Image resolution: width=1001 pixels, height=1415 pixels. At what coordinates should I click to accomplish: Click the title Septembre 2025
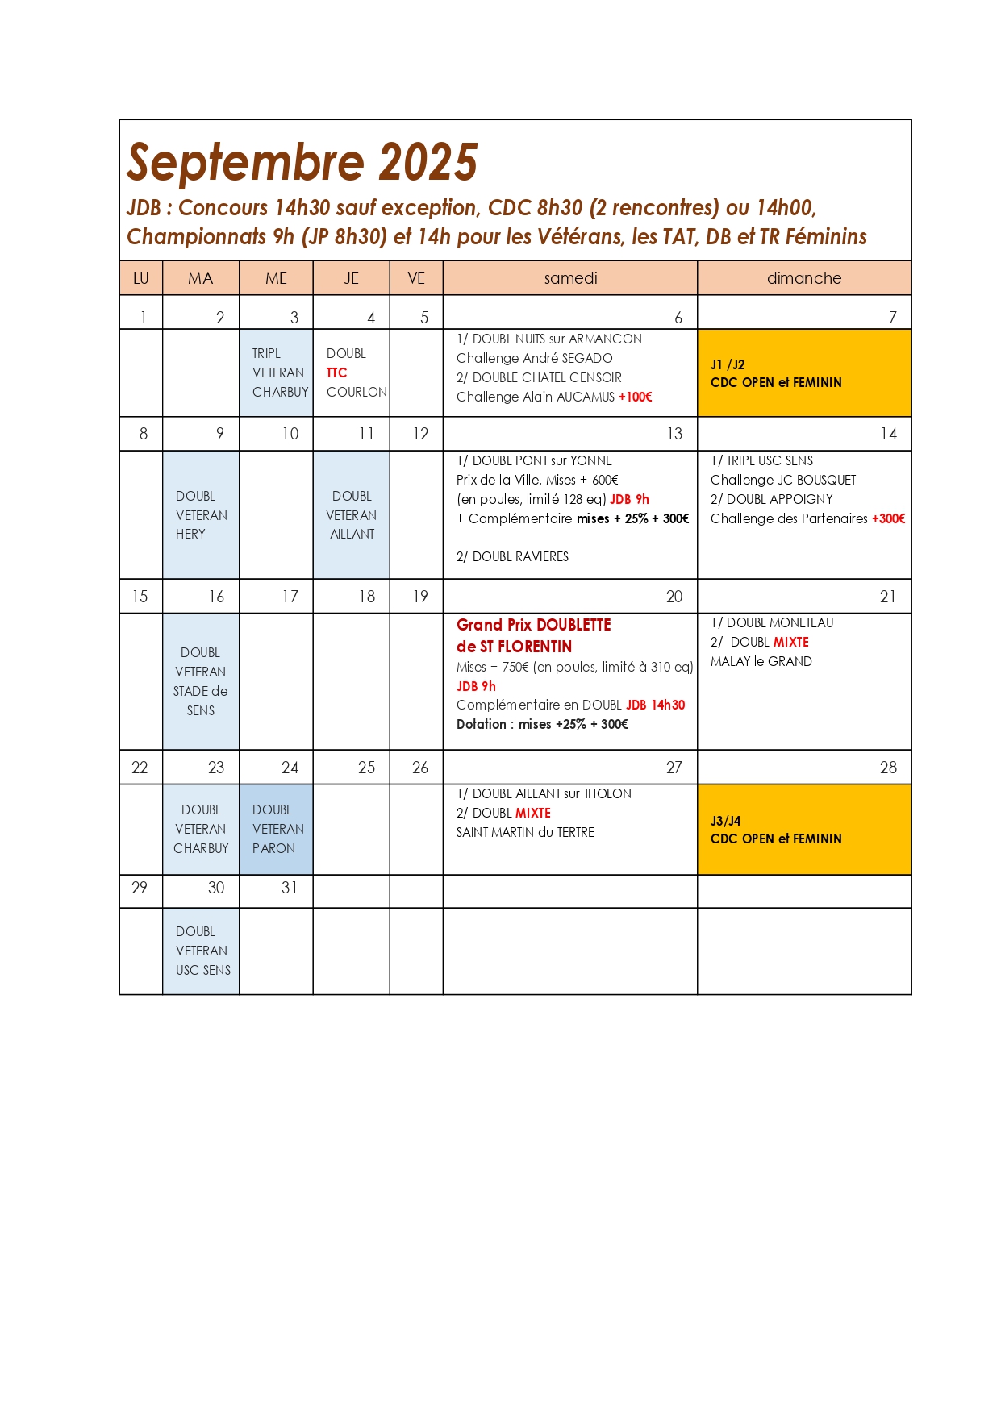click(x=302, y=162)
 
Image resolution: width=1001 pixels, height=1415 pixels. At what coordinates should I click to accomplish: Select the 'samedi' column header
click(x=570, y=278)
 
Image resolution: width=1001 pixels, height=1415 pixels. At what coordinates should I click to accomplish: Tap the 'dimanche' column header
click(x=804, y=278)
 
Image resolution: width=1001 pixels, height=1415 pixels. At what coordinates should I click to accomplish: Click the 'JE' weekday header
click(x=351, y=278)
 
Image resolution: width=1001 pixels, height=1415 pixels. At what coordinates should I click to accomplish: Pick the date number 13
click(x=674, y=434)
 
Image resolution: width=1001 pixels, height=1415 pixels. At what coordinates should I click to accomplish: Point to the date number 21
click(x=887, y=597)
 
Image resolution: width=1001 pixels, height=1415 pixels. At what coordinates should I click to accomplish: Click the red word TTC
click(x=336, y=372)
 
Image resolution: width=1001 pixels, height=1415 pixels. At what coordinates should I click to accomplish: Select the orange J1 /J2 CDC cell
click(x=804, y=373)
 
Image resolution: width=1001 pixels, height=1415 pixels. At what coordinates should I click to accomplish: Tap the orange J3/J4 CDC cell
click(x=804, y=830)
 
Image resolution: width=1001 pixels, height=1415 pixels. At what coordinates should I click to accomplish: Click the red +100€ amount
click(x=635, y=397)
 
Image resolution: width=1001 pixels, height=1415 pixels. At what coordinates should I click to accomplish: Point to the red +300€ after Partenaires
click(x=888, y=518)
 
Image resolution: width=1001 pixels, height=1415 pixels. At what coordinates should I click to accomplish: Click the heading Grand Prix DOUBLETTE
click(x=533, y=625)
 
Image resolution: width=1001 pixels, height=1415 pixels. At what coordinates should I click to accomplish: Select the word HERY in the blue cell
click(x=190, y=534)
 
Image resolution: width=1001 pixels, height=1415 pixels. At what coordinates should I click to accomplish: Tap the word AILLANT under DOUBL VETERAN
click(x=352, y=534)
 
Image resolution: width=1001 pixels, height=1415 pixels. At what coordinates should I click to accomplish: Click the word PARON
click(x=273, y=848)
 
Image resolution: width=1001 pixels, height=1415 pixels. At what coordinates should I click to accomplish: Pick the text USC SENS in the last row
click(x=203, y=970)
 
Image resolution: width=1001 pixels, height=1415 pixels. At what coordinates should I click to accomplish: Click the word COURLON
click(x=357, y=392)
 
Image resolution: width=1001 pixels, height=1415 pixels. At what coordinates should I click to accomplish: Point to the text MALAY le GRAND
click(x=761, y=661)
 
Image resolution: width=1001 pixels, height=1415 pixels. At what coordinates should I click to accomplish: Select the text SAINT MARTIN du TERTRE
click(x=525, y=832)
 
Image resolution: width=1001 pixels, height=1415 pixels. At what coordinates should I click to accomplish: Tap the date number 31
click(x=290, y=888)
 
